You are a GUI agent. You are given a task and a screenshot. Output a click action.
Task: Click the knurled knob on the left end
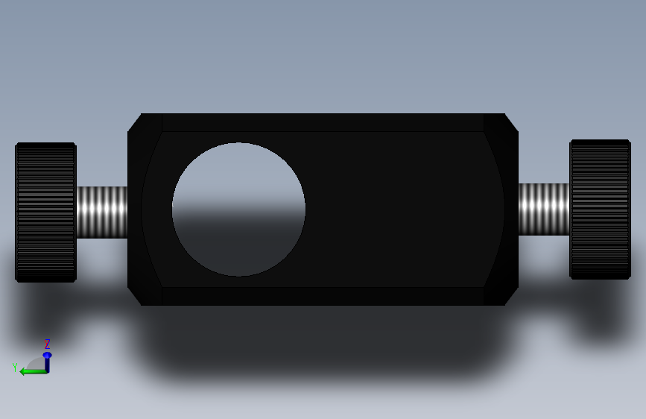[x=45, y=212]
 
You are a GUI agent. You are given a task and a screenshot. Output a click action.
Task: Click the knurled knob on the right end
[x=600, y=209]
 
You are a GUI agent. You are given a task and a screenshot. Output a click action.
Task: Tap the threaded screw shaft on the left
[x=102, y=212]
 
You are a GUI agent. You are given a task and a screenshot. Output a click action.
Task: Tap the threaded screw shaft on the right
[x=544, y=209]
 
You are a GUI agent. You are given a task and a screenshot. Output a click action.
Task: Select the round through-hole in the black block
[x=238, y=209]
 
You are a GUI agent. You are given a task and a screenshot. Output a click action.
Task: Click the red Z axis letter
[x=48, y=344]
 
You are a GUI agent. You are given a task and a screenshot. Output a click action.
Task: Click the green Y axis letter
[x=15, y=367]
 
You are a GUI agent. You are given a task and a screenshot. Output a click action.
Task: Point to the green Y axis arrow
[x=34, y=372]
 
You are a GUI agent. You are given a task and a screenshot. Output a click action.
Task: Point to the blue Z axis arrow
[x=48, y=362]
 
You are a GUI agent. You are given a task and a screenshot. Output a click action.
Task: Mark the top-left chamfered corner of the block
[x=134, y=122]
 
